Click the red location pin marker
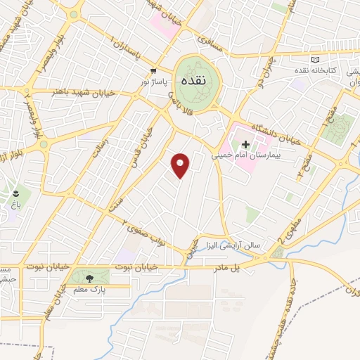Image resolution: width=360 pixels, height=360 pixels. click(x=181, y=165)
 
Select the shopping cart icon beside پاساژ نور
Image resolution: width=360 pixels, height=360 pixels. click(x=153, y=71)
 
